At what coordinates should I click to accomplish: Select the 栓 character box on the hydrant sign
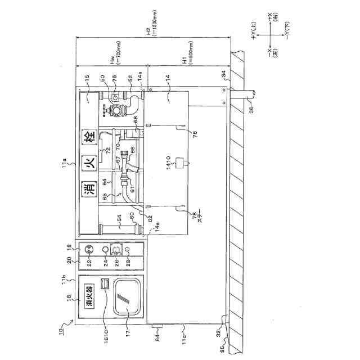(88, 137)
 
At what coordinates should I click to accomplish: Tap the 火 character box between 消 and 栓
(88, 163)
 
